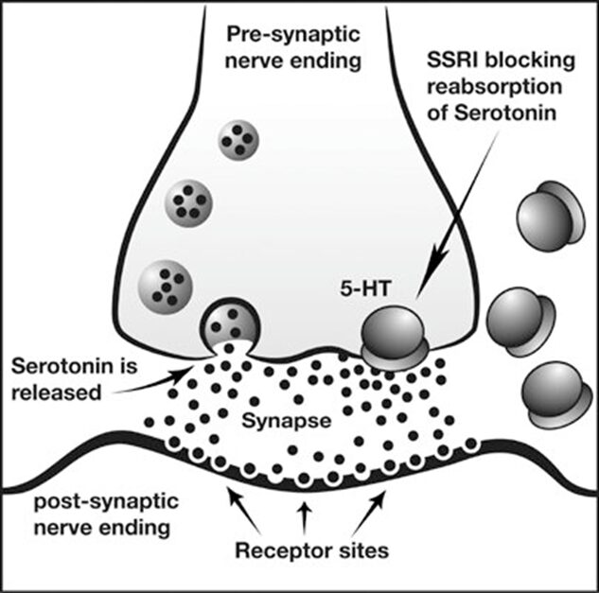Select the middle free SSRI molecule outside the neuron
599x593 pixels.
(x=510, y=308)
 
